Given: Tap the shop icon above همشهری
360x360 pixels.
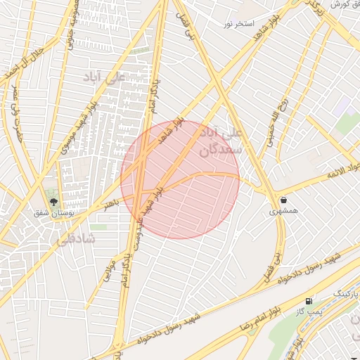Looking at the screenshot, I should tap(283, 200).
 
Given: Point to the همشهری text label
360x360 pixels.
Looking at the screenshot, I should tap(283, 210).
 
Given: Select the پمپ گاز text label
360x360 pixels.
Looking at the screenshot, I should tap(309, 311).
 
